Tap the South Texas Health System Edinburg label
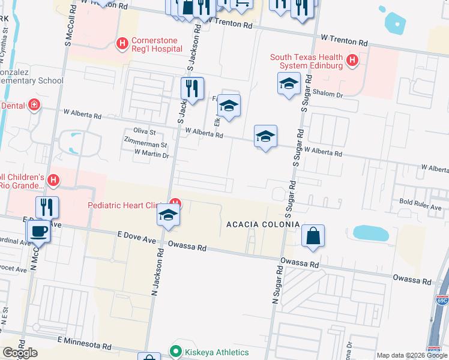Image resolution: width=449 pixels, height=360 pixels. [306, 61]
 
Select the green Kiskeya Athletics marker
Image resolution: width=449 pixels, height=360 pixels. [176, 351]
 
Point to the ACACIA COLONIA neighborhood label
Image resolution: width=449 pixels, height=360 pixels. [262, 224]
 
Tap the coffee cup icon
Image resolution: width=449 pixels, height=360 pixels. [40, 230]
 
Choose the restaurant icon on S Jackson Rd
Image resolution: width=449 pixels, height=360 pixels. [193, 88]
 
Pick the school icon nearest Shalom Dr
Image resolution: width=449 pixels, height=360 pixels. [289, 84]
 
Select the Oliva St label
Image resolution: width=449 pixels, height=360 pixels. [144, 132]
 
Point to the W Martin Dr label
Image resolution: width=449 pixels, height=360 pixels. [152, 155]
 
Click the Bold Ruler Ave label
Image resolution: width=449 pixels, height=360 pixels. [423, 203]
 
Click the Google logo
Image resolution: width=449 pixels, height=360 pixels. [20, 353]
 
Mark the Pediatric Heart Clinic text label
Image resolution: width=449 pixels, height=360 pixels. [127, 205]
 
